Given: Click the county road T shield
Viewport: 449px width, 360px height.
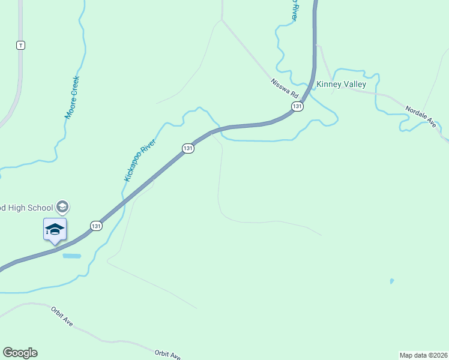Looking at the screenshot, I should [x=21, y=45].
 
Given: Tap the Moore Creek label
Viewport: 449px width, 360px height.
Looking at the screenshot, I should [x=72, y=97].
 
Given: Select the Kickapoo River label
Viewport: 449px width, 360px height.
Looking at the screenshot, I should [x=140, y=160].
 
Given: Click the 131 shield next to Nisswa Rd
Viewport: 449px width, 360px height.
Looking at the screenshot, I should [x=297, y=106].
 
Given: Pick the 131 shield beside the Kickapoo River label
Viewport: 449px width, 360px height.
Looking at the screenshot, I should [x=188, y=148].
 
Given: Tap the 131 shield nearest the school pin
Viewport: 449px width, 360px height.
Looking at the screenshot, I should [x=96, y=226].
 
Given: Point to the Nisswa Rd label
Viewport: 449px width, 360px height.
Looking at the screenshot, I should [x=284, y=88].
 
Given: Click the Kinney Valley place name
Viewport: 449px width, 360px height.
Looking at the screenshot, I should [x=341, y=85].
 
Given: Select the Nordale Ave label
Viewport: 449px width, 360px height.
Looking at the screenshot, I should [x=420, y=115].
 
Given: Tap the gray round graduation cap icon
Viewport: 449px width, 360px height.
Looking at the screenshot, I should [x=62, y=208].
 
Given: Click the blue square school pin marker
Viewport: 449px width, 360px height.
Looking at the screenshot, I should [x=55, y=229].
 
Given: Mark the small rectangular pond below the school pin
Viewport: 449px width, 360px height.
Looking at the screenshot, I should [x=71, y=256].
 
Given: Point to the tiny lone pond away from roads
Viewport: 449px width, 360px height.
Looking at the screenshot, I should [x=392, y=281].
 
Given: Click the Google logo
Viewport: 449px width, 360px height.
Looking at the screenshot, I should [x=20, y=353].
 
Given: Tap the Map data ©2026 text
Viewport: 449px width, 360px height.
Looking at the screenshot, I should [x=423, y=355].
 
